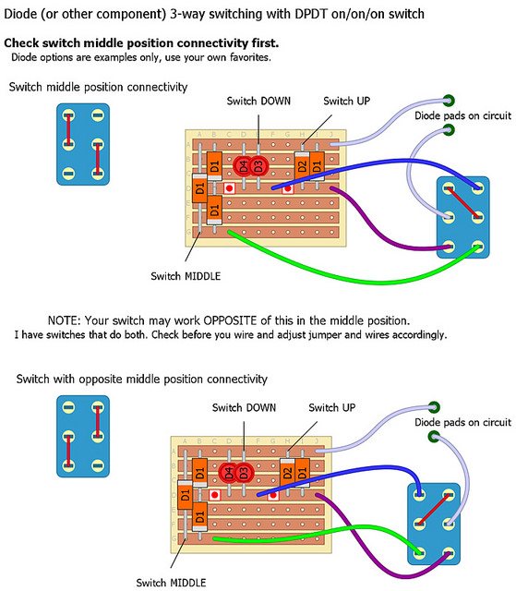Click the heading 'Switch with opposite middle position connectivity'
[141, 379]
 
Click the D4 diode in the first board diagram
[243, 166]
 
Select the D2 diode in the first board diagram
[302, 166]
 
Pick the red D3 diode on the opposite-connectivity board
[244, 472]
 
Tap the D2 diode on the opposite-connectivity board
[287, 473]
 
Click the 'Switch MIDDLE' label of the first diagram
[186, 276]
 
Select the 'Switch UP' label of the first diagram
[346, 101]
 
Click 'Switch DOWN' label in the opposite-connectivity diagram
[244, 408]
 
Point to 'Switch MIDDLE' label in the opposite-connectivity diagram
[171, 583]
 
